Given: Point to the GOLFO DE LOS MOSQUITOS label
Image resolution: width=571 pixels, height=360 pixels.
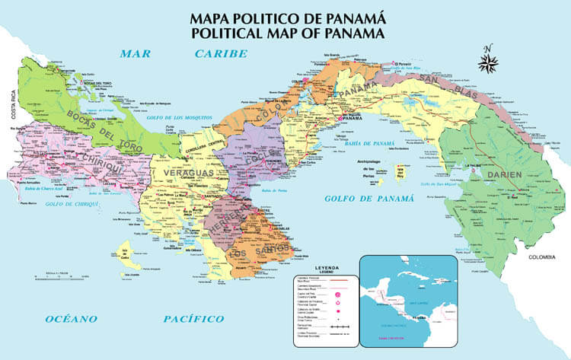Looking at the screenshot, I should click(x=180, y=118).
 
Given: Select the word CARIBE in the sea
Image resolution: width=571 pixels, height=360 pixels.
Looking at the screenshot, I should click(x=221, y=53).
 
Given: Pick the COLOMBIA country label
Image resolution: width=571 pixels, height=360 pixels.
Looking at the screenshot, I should click(x=544, y=256).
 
